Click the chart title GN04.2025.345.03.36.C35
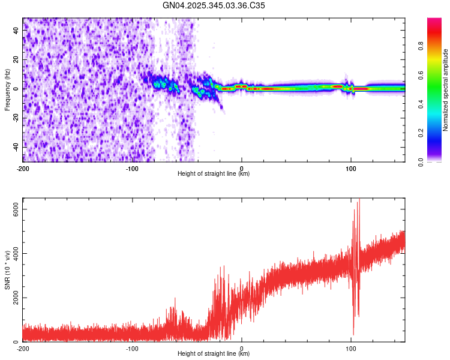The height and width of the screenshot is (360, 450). point(214,5)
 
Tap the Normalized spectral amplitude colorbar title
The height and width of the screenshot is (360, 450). point(446,90)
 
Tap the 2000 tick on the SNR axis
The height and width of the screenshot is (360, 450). point(12,298)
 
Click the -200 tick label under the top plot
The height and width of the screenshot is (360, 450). point(23,168)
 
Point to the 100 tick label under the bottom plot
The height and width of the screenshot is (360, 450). point(351,348)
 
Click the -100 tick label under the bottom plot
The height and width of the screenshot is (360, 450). point(132,348)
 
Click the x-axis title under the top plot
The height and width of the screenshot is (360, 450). point(214,174)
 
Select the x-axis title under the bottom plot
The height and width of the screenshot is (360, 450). point(214,354)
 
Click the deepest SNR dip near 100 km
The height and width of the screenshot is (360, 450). point(353,334)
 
